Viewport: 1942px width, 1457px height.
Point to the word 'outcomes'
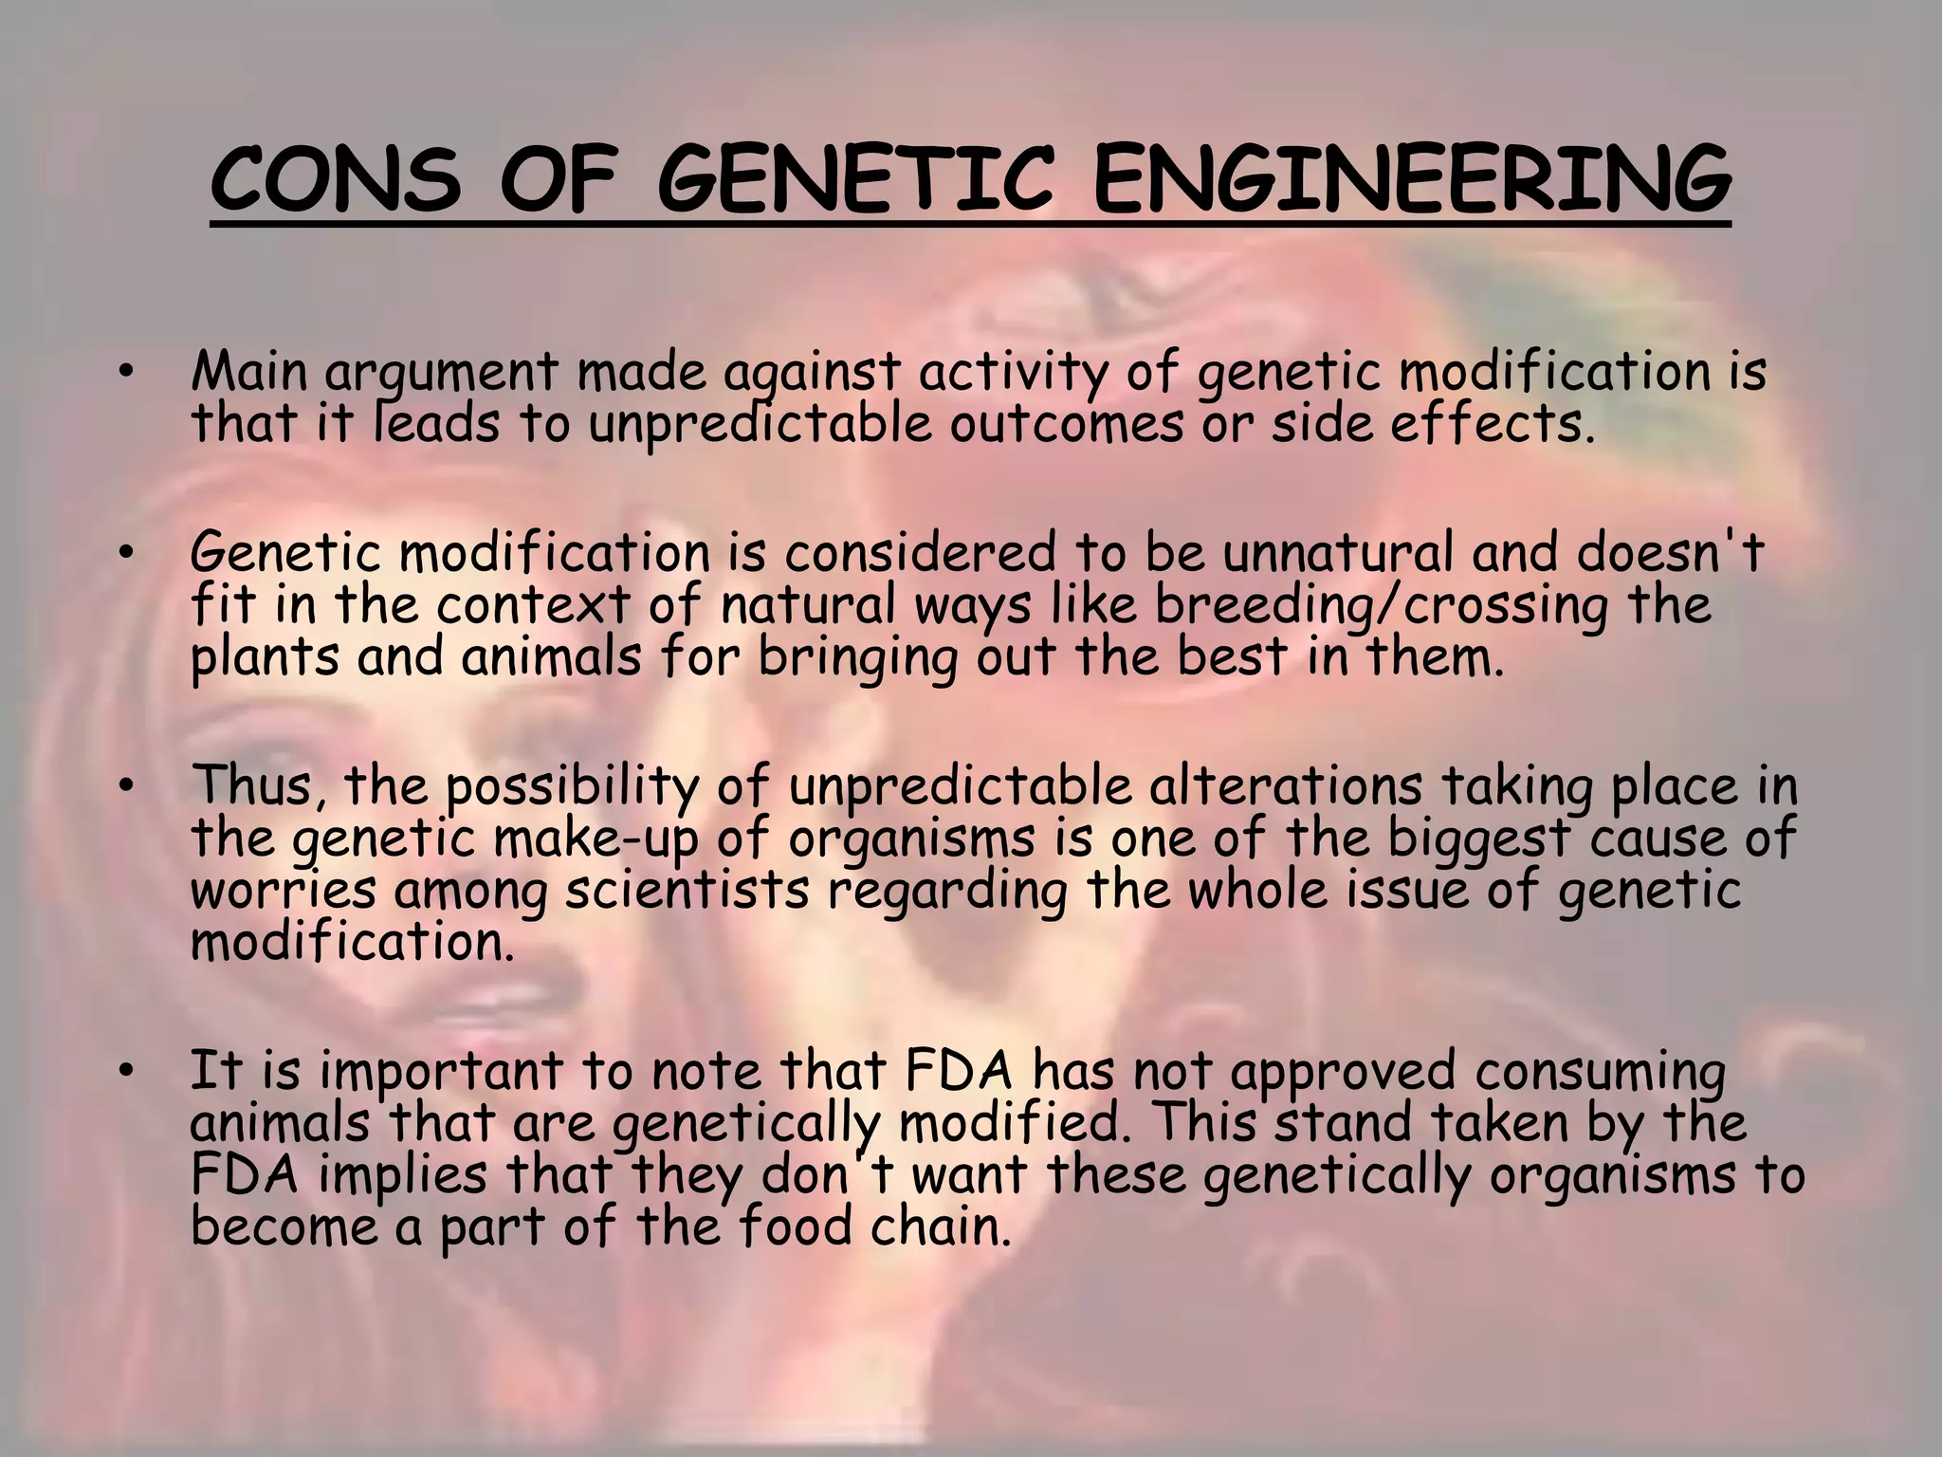point(1067,423)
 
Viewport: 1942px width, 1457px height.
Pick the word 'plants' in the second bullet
point(265,656)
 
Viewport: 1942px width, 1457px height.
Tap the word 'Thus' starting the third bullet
point(255,785)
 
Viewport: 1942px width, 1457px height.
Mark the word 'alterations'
point(1285,785)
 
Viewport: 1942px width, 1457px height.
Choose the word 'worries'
point(284,890)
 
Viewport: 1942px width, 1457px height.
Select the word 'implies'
point(402,1174)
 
